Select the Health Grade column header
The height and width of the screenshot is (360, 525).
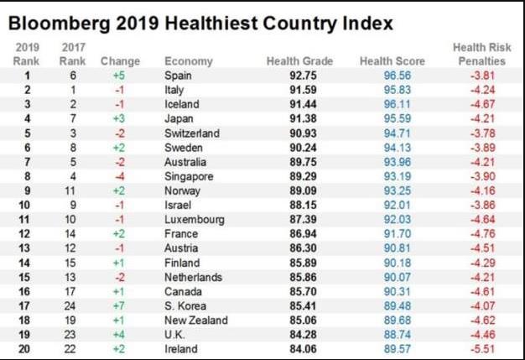tap(299, 61)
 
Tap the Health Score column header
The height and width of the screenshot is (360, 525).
tap(392, 61)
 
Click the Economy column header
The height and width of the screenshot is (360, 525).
tap(188, 61)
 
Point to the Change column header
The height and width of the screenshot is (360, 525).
tap(120, 61)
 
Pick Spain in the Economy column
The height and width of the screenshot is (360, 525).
tap(178, 76)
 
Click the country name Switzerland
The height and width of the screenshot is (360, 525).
tap(192, 133)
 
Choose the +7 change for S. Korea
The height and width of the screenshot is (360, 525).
tap(120, 305)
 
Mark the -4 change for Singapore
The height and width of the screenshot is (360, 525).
tap(120, 176)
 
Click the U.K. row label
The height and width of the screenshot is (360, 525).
tap(175, 334)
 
